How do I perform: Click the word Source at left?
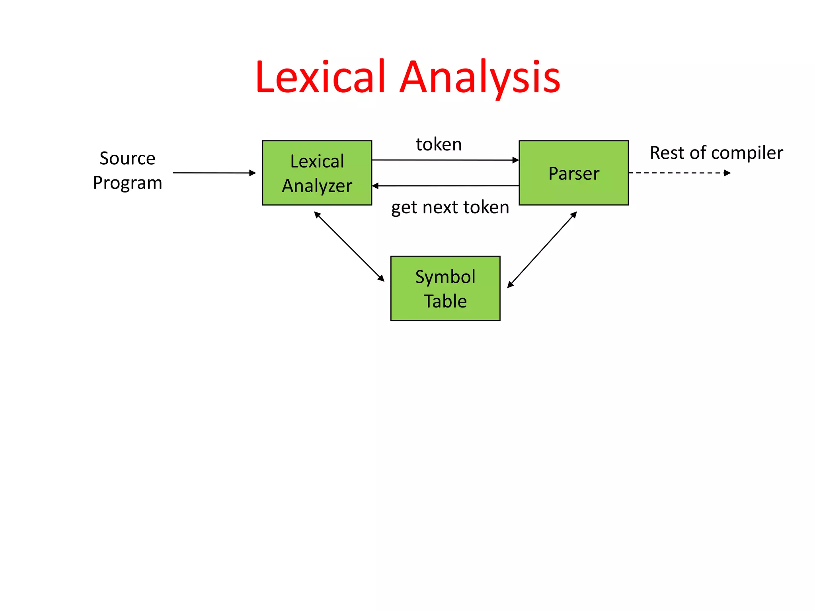coord(127,158)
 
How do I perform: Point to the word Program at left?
coord(127,183)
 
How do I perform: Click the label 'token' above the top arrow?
coord(439,144)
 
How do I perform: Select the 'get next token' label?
coord(450,207)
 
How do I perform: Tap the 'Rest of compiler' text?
coord(716,153)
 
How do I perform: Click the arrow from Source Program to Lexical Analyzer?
coord(214,173)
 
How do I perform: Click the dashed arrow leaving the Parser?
coord(677,173)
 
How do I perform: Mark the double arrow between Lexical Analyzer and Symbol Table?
coord(349,247)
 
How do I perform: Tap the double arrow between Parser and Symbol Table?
coord(542,249)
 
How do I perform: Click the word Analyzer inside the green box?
coord(317,186)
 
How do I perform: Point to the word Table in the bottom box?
coord(445,301)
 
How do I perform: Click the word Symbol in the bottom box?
coord(445,277)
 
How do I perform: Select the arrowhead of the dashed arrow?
coord(727,173)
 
